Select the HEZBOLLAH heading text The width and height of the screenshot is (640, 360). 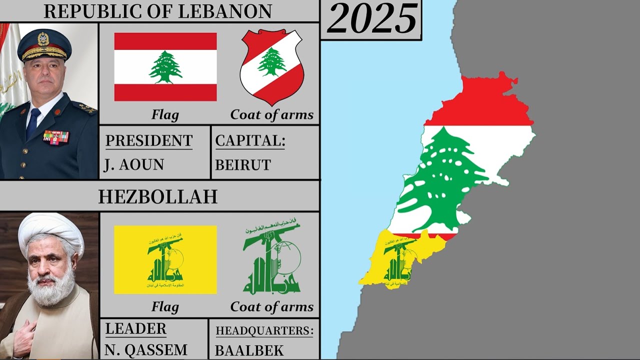point(158,196)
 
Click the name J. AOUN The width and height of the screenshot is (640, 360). point(133,164)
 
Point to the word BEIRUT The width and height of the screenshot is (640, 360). point(243,164)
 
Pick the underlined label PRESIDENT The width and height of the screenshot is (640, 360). point(148,141)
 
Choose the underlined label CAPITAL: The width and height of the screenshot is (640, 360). point(250,141)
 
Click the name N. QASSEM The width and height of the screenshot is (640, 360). point(146,349)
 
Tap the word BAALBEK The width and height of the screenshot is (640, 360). point(249,350)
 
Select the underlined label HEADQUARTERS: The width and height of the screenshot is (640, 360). point(264,330)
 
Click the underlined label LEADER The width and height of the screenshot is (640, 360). point(135,329)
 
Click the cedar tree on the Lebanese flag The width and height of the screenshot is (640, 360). point(165,66)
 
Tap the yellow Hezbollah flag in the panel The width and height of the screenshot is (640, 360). point(165,259)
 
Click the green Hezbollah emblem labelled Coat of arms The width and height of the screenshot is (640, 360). point(271,258)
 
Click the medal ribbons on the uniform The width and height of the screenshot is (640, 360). point(55,136)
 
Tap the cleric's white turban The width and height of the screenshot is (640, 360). point(50,231)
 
